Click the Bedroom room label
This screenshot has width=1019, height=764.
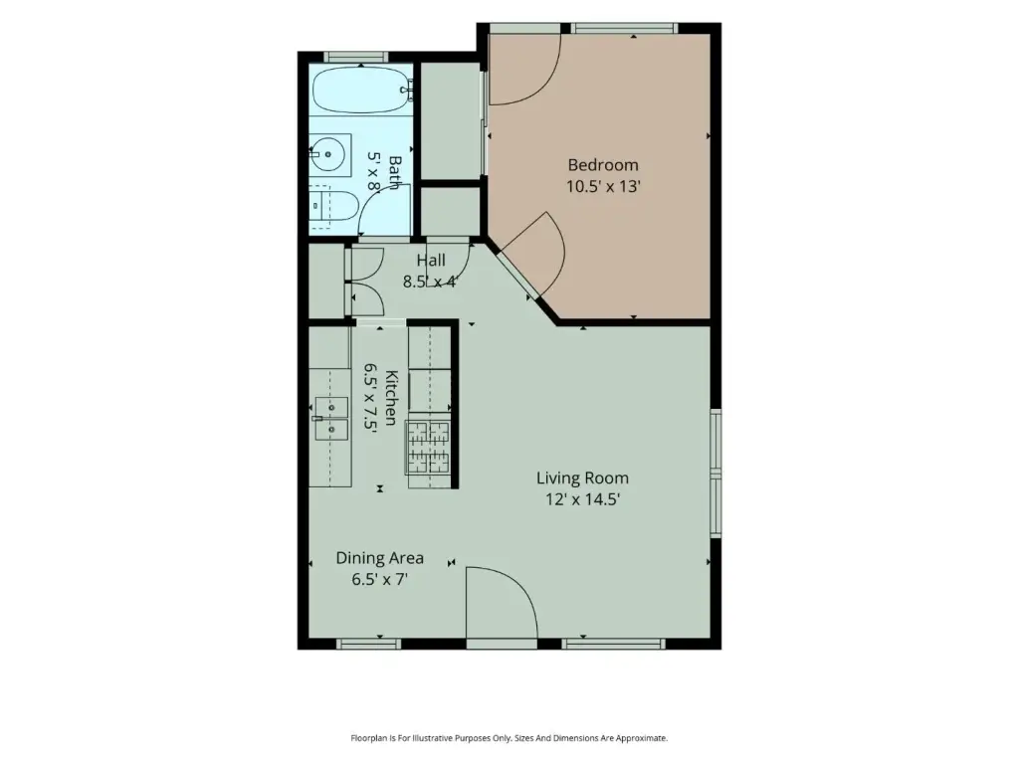click(x=603, y=165)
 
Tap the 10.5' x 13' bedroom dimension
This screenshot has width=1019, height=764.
click(x=603, y=187)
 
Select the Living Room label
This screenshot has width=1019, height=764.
click(x=582, y=478)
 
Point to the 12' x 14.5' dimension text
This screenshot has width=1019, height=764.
click(x=582, y=499)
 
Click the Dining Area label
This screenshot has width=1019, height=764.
click(x=379, y=558)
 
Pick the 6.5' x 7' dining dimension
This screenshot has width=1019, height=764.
click(x=379, y=580)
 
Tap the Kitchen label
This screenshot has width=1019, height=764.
click(x=392, y=398)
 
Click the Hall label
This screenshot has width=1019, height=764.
click(x=431, y=261)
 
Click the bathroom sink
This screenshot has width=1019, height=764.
click(x=329, y=154)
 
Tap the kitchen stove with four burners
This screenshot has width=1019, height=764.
click(x=428, y=447)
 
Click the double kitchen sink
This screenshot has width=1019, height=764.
click(x=331, y=419)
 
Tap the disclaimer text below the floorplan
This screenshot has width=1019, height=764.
click(x=509, y=738)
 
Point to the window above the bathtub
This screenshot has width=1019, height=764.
click(x=355, y=57)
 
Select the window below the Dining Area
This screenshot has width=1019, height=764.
click(x=368, y=644)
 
